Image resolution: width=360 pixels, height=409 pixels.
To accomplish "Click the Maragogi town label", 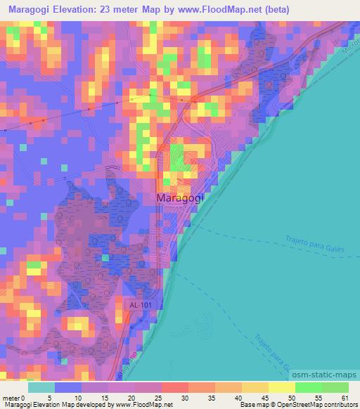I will click(179, 199).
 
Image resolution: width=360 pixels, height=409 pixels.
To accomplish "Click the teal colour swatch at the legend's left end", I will click(41, 388).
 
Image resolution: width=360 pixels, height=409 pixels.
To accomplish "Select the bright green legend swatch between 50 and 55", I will click(308, 388).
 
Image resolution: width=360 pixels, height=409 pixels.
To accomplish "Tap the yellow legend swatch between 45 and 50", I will click(281, 388).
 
